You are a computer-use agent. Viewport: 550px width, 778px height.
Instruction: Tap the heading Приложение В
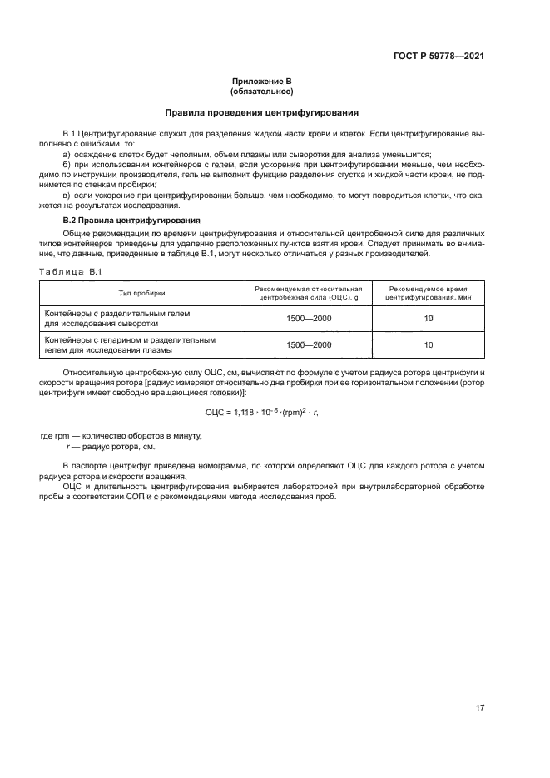click(261, 82)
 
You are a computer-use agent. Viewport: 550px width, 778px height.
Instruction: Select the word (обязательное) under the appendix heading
click(261, 91)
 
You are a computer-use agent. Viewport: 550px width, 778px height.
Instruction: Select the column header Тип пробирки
click(142, 293)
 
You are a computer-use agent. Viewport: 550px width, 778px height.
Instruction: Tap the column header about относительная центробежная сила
click(309, 293)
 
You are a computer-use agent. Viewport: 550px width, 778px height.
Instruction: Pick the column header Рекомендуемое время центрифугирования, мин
click(429, 293)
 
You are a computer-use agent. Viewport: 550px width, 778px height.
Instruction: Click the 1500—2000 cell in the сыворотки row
click(309, 318)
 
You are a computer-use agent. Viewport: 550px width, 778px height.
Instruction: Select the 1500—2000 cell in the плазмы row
click(309, 344)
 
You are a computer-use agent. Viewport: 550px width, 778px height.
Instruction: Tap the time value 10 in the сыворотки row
click(429, 318)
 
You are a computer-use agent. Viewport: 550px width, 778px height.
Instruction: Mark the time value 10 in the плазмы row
click(429, 344)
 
